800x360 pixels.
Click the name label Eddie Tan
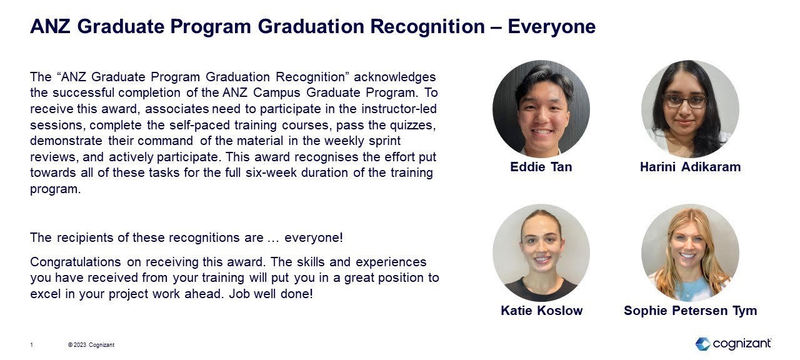click(541, 167)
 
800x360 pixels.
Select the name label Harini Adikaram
click(690, 167)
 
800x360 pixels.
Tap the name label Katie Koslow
click(541, 311)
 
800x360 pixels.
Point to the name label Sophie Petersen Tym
click(690, 311)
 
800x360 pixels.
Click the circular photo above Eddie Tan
click(541, 109)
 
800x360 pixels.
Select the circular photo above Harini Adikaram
click(690, 109)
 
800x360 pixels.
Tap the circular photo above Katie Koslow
click(541, 252)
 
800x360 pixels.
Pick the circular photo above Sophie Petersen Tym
click(690, 252)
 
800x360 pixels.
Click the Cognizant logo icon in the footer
click(702, 344)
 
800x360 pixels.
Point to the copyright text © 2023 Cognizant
click(91, 345)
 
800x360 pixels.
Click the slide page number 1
click(32, 345)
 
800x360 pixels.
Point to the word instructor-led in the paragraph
click(398, 109)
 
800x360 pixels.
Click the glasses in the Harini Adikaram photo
click(685, 100)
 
